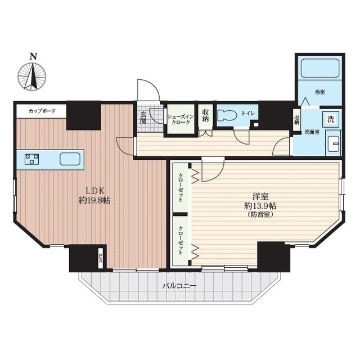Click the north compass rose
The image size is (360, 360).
click(32, 76)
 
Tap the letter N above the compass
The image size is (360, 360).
click(34, 56)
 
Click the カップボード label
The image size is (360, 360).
click(42, 111)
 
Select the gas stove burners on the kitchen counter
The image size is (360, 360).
click(31, 159)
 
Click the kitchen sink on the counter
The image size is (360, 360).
click(70, 159)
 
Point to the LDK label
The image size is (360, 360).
click(95, 191)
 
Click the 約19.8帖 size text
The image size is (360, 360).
click(94, 200)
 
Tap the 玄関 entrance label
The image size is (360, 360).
click(143, 118)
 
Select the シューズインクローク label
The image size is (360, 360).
click(181, 119)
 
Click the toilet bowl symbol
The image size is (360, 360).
click(227, 115)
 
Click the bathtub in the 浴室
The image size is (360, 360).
click(320, 69)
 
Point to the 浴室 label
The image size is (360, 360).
click(320, 92)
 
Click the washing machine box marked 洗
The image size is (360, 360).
click(331, 119)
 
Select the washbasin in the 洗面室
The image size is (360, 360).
click(334, 144)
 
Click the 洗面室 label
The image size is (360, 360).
click(312, 133)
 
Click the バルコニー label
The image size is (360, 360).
click(179, 286)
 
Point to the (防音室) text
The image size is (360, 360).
click(260, 215)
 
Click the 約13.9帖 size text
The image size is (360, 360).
click(260, 206)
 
